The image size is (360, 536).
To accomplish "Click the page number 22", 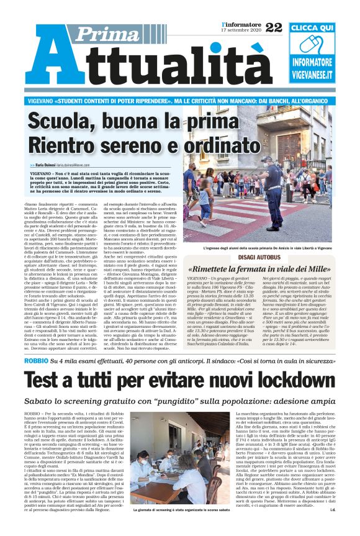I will click(x=273, y=27).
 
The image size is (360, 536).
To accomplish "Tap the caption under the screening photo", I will click(x=182, y=527).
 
